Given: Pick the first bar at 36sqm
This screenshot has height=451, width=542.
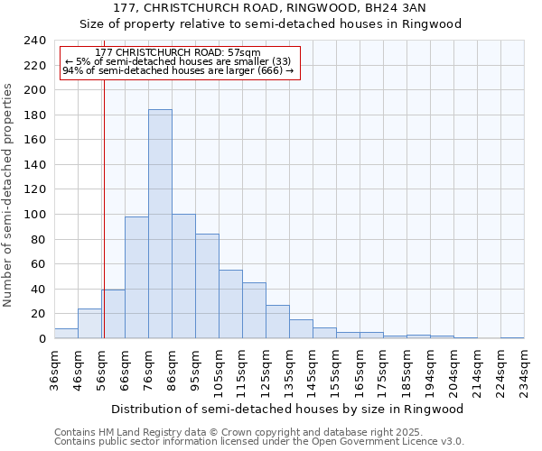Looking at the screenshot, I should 66,333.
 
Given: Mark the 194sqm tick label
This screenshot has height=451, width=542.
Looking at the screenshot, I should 430,372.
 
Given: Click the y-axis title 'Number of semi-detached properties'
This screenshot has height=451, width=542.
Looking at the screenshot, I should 8,195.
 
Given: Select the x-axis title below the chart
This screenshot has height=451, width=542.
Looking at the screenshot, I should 288,409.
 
